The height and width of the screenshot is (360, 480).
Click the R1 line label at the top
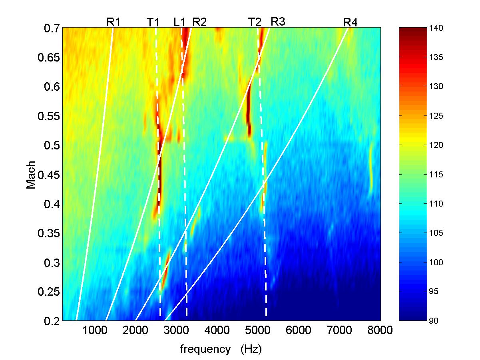(113, 22)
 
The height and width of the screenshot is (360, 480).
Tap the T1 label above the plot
(153, 22)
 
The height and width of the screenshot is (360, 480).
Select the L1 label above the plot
(180, 22)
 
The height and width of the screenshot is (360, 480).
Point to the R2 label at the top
(199, 22)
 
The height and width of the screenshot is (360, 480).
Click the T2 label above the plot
(255, 22)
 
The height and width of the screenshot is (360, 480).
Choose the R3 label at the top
(278, 22)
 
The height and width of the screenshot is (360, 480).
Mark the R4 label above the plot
(350, 22)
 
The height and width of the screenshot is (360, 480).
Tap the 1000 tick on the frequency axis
(94, 330)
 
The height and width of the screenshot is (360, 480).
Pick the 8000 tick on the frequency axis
(380, 330)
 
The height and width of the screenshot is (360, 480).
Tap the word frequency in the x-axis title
(205, 349)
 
